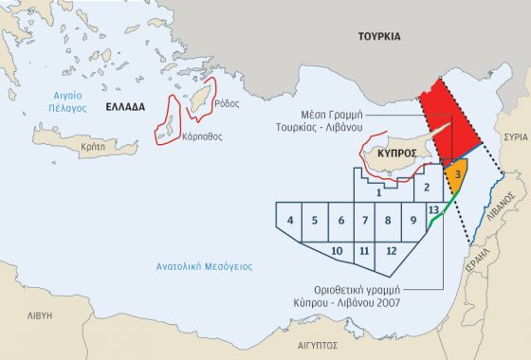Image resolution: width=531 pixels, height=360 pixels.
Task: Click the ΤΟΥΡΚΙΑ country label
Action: [380, 37]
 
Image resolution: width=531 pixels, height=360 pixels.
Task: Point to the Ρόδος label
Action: [227, 104]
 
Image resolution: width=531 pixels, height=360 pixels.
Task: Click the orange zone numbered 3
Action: [456, 176]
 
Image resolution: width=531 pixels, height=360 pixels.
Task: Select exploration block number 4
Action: [289, 221]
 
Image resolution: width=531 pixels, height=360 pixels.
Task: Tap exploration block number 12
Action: [391, 250]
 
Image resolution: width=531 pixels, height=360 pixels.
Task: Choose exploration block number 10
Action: [337, 250]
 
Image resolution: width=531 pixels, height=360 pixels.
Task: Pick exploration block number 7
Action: [364, 221]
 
